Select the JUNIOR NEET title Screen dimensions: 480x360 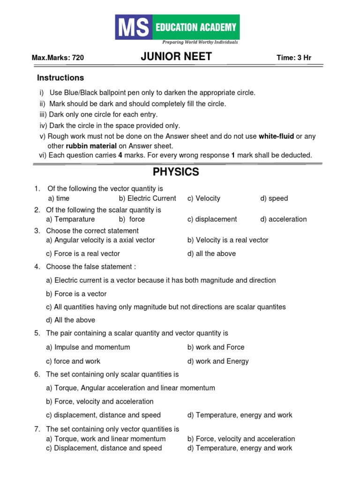176,57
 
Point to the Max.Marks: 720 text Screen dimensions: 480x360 58,58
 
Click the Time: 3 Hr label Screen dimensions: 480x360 294,58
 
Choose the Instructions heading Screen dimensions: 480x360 60,78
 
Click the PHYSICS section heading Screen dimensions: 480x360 176,172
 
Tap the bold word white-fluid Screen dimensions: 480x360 277,136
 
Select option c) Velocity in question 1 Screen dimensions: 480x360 203,198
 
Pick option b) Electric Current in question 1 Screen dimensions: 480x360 148,198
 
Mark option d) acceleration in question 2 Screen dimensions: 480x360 283,219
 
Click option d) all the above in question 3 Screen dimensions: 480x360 211,254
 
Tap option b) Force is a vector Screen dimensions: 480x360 76,294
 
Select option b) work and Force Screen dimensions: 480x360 216,347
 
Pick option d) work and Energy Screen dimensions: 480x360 218,361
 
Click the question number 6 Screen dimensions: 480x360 37,375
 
